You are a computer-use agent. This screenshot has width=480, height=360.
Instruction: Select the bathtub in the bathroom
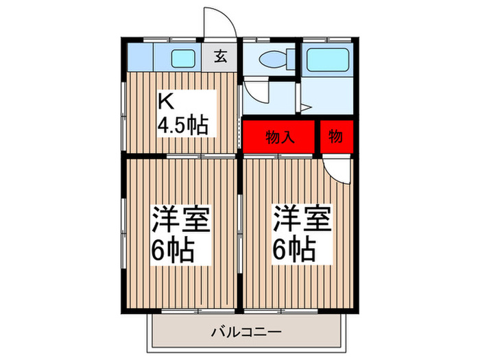click(x=327, y=60)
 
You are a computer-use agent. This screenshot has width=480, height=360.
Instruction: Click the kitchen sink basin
click(x=182, y=59)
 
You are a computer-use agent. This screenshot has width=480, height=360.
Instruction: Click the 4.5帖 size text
click(x=183, y=126)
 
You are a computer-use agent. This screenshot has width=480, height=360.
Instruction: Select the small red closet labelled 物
click(x=337, y=136)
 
